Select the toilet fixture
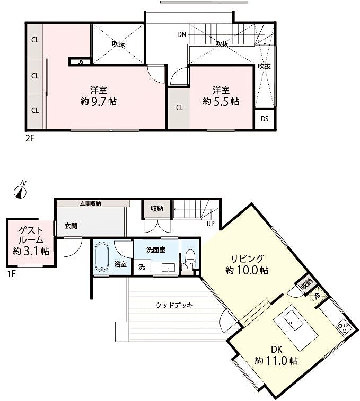[x=190, y=258]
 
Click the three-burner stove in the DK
[x=343, y=327]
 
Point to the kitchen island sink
[x=293, y=321]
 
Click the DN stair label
[x=181, y=34]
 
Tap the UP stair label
[x=210, y=224]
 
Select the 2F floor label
[x=30, y=138]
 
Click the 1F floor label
[x=12, y=274]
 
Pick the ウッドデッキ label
[x=174, y=305]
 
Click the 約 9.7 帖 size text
[x=98, y=102]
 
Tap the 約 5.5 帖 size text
[x=221, y=102]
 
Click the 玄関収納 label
[x=90, y=203]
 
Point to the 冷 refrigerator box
[x=317, y=296]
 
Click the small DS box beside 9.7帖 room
[x=80, y=61]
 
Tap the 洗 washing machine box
[x=142, y=267]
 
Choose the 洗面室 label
[x=156, y=250]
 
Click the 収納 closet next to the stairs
[x=157, y=209]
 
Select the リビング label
[x=247, y=259]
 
